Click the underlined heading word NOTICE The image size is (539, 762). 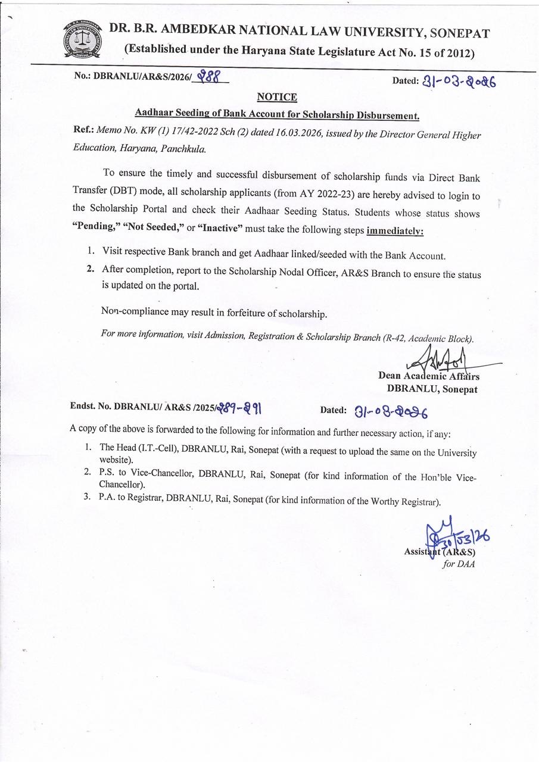[x=277, y=97]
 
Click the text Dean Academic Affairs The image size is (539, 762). [x=429, y=376]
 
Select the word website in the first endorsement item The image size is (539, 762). [x=116, y=461]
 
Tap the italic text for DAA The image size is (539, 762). [x=458, y=564]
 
